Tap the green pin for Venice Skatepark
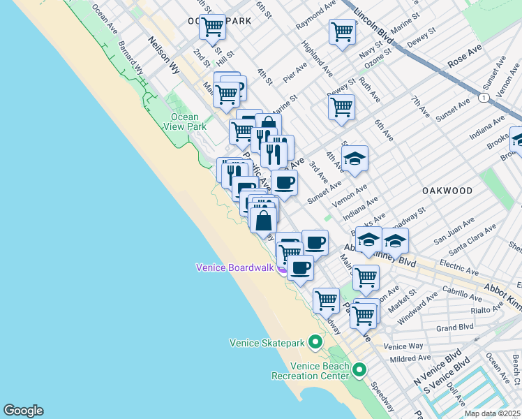point(315,342)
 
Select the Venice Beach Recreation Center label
point(310,371)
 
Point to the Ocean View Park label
point(184,122)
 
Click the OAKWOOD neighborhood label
point(447,191)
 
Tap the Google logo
point(23,411)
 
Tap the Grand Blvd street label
point(455,327)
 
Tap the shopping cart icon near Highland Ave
point(341,31)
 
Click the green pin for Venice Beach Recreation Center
point(359,369)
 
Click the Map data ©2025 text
point(493,413)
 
